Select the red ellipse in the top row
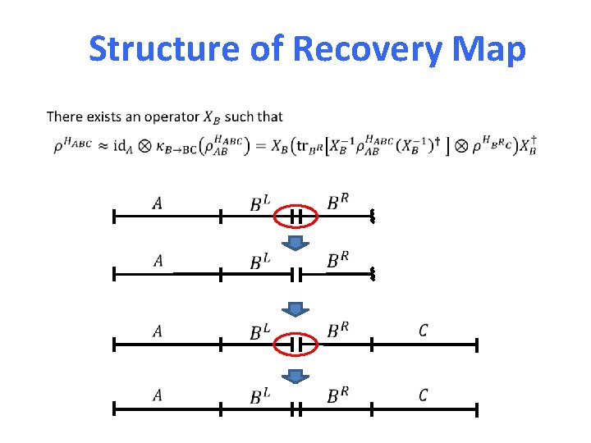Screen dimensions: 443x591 click(x=296, y=217)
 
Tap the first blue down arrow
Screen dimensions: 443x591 click(x=296, y=244)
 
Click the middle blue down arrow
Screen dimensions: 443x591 click(x=296, y=309)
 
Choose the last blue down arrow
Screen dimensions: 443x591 click(x=296, y=377)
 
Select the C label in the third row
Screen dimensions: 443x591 click(x=423, y=331)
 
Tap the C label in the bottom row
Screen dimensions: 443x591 click(x=423, y=396)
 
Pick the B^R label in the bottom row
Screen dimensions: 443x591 click(x=338, y=396)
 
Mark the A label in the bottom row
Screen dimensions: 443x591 click(x=157, y=396)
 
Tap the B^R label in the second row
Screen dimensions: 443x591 click(x=338, y=261)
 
